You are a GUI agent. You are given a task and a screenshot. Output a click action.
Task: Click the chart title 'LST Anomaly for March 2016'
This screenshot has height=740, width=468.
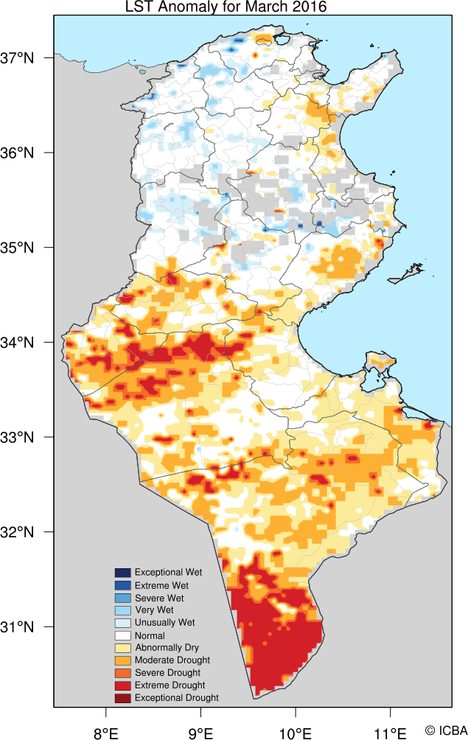pyautogui.click(x=225, y=7)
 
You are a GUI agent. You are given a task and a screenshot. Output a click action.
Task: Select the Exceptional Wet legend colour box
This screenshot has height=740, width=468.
pyautogui.click(x=122, y=573)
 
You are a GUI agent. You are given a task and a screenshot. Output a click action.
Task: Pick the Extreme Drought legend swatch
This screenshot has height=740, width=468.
pyautogui.click(x=122, y=685)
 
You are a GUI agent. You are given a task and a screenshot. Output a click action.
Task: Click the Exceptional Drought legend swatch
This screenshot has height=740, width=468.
pyautogui.click(x=122, y=698)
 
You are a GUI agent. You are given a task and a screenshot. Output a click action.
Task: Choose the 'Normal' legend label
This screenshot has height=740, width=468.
pyautogui.click(x=150, y=635)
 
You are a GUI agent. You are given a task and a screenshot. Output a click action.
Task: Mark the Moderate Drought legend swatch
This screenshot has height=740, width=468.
pyautogui.click(x=122, y=660)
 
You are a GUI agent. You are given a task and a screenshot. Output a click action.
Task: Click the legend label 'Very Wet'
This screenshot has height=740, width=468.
pyautogui.click(x=154, y=610)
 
